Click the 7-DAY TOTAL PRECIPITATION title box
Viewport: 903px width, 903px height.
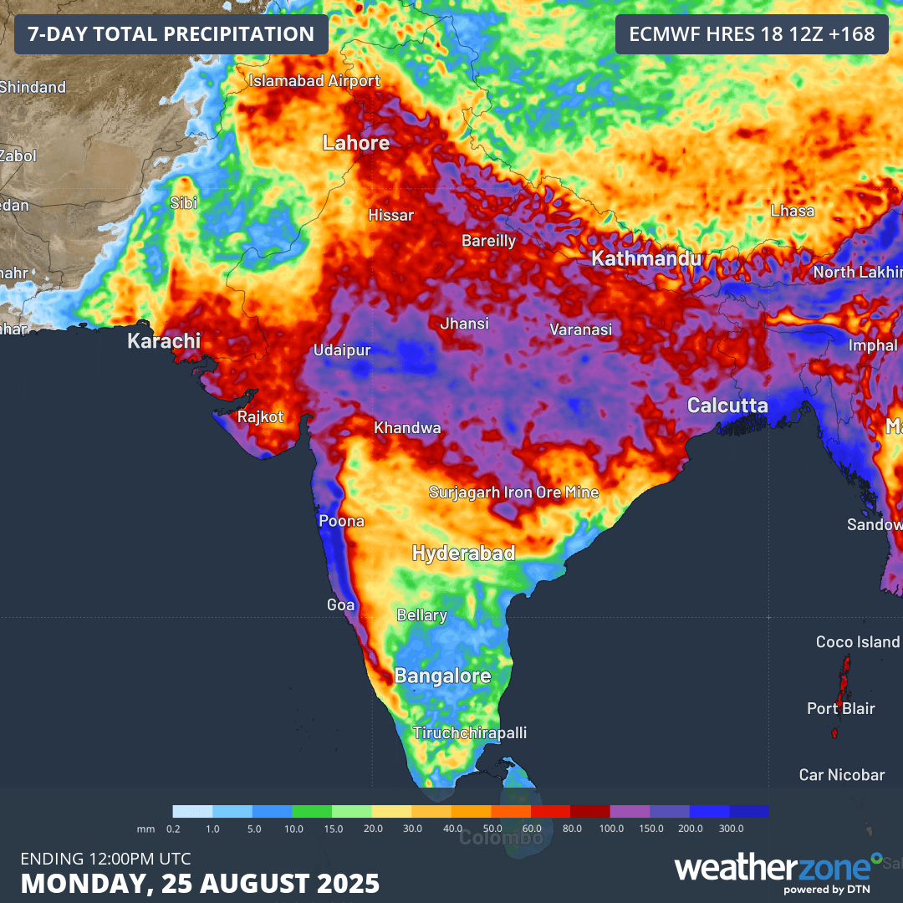[171, 34]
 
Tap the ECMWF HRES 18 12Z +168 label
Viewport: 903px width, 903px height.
[752, 34]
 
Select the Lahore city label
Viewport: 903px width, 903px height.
[356, 143]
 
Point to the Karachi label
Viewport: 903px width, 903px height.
[164, 341]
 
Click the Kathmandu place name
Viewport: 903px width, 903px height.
[646, 259]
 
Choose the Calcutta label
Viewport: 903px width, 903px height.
[727, 406]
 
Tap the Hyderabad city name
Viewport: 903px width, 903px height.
[463, 554]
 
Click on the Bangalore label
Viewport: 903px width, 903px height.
[442, 676]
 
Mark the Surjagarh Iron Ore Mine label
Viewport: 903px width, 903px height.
[513, 492]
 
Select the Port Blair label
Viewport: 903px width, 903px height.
[840, 708]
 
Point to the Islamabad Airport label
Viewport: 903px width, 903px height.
[314, 81]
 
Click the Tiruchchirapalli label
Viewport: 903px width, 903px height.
[470, 732]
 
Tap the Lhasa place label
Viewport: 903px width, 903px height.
[792, 211]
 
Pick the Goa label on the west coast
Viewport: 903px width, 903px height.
[340, 605]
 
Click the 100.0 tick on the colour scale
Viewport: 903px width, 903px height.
[611, 828]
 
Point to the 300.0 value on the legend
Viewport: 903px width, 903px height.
[731, 828]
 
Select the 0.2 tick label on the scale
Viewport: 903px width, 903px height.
[173, 828]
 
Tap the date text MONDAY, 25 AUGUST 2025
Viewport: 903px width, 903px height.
[200, 883]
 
